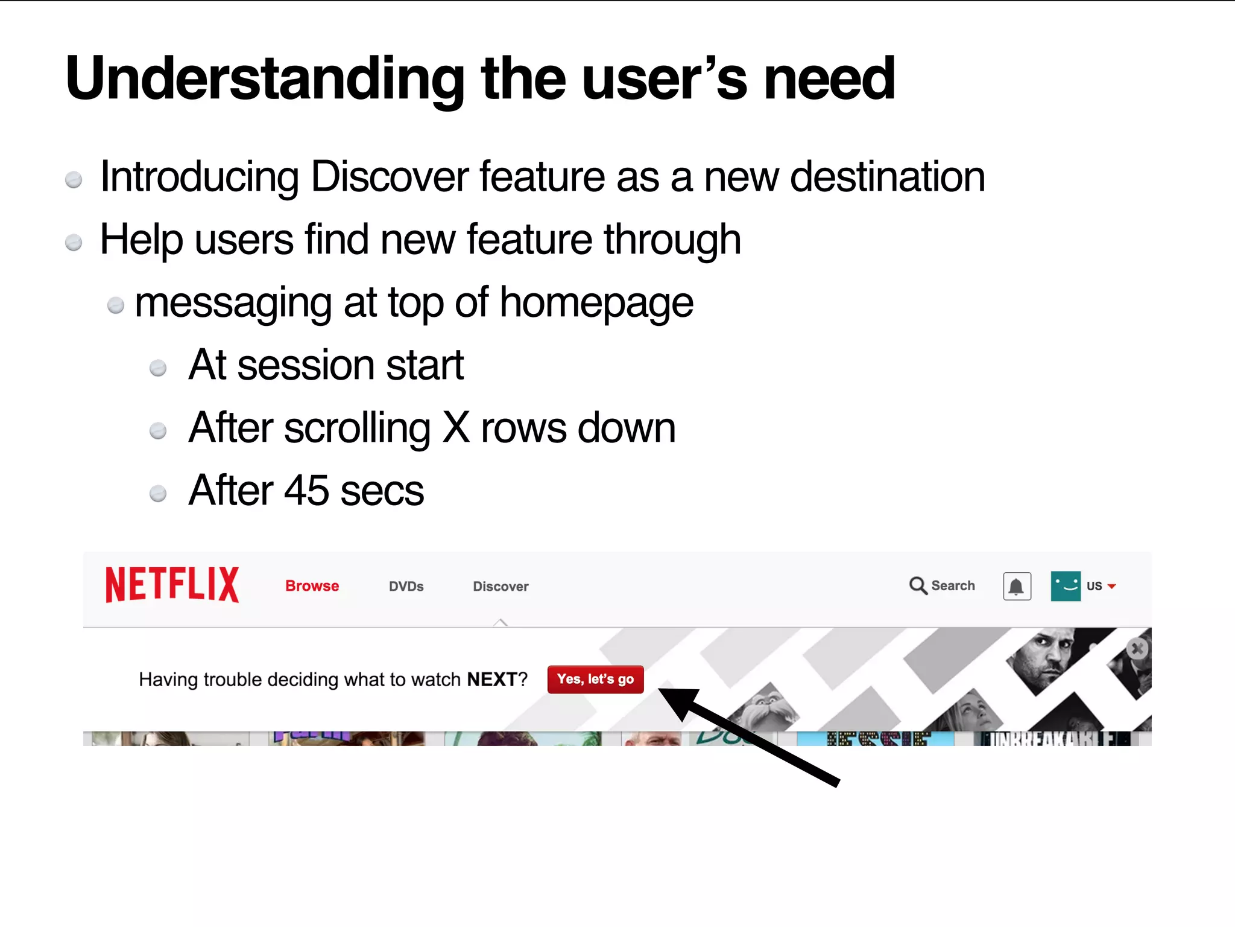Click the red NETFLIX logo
point(172,584)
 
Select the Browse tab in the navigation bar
point(312,586)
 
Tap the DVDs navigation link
point(406,587)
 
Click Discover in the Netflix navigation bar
point(501,587)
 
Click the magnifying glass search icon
point(918,585)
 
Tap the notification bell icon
point(1017,587)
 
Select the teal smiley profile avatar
point(1065,586)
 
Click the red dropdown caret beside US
point(1112,586)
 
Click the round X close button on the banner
point(1137,649)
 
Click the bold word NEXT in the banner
point(491,680)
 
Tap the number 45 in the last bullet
point(307,490)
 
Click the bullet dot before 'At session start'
point(158,368)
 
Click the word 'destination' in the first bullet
point(887,177)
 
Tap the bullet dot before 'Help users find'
point(74,243)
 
